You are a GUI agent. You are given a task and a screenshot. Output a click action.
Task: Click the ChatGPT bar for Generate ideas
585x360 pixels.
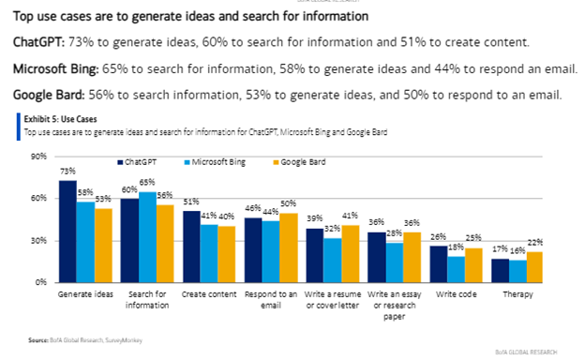pyautogui.click(x=67, y=231)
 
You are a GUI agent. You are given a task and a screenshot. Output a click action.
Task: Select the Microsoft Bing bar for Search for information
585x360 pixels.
pyautogui.click(x=146, y=236)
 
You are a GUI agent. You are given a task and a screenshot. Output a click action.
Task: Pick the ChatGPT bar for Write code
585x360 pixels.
pyautogui.click(x=438, y=263)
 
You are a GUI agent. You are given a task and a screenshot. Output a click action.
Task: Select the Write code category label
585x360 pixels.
pyautogui.click(x=454, y=294)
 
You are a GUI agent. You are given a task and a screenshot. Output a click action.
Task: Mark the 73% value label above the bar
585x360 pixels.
pyautogui.click(x=67, y=172)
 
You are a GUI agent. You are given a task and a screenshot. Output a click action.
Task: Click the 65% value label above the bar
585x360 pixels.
pyautogui.click(x=146, y=183)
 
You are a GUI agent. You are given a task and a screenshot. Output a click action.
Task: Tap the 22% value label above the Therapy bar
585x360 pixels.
pyautogui.click(x=534, y=243)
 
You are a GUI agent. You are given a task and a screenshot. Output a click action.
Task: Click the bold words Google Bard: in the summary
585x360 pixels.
pyautogui.click(x=48, y=95)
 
